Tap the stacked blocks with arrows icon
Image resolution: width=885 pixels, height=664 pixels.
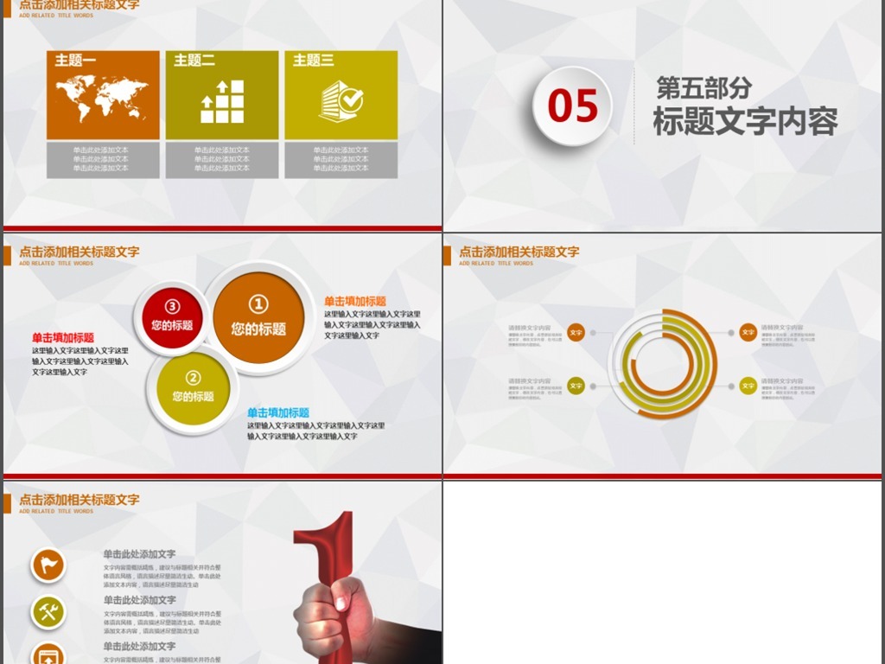tap(222, 101)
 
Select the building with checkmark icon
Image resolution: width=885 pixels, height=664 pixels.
tap(341, 101)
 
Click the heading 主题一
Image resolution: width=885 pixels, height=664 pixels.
tap(75, 61)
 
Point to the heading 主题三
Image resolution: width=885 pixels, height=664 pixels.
tap(313, 61)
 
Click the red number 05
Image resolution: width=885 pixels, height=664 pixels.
tap(572, 106)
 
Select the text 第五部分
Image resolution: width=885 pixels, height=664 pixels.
tap(704, 87)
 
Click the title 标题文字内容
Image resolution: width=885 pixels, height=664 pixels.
tap(745, 122)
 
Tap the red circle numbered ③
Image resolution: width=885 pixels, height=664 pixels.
tap(171, 316)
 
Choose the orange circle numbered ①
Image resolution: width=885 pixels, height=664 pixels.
tap(258, 316)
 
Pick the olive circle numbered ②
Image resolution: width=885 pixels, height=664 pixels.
tap(193, 386)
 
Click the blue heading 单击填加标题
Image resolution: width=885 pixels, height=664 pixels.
tap(277, 413)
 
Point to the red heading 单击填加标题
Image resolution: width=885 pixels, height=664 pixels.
tap(63, 338)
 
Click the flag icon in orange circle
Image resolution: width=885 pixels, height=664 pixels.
tap(48, 565)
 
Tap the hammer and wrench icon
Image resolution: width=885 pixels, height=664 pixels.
tap(48, 612)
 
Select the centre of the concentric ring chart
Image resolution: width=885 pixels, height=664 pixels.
tap(663, 364)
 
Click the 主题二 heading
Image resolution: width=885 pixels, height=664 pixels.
tap(194, 61)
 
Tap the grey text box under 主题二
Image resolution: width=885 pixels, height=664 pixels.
tap(222, 159)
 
